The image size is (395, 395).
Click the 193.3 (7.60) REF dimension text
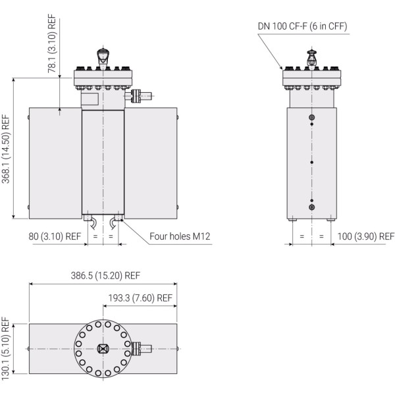click(140, 298)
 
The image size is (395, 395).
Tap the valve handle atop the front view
click(102, 56)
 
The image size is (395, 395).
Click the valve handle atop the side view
click(312, 57)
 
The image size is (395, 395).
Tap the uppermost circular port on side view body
click(312, 117)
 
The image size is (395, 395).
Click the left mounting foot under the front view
click(87, 216)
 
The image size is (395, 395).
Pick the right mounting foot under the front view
click(117, 216)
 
